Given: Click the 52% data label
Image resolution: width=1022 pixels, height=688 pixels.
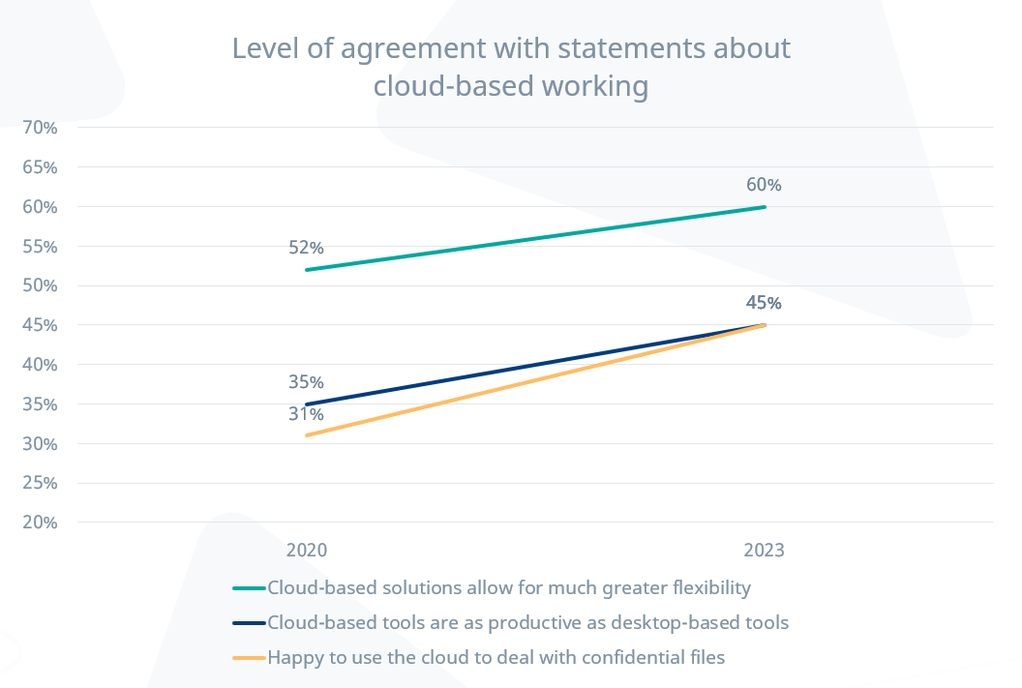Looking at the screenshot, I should [x=306, y=247].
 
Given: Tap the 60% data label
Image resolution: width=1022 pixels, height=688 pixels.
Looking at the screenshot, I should [x=764, y=185].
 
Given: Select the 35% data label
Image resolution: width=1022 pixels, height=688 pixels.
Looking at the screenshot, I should [x=306, y=381].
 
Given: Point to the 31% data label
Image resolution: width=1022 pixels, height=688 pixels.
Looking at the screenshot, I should [x=306, y=414].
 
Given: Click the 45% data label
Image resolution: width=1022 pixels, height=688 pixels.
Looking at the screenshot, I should [x=764, y=303].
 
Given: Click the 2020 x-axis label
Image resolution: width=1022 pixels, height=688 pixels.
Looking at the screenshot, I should [x=306, y=551].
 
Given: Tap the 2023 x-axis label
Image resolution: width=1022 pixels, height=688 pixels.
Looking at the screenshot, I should [x=764, y=551].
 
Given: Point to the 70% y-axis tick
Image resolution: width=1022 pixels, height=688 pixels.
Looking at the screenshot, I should [x=40, y=127].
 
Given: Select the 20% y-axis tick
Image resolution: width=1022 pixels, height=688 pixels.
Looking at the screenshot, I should [x=40, y=523].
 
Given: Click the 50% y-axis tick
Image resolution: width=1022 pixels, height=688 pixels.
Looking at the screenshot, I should [x=40, y=285].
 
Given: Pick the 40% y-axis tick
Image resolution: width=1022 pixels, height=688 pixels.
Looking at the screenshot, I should [x=40, y=365].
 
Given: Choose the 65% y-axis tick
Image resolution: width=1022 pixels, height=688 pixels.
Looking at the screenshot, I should [x=40, y=166].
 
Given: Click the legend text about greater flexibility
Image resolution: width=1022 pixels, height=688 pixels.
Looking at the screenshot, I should [x=509, y=587].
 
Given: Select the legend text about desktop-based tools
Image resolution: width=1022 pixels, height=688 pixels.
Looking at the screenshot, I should [x=527, y=622].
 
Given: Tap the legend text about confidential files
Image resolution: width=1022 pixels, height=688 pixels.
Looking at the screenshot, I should [x=496, y=658].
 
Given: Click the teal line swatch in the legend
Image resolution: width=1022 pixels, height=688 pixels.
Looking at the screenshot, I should [x=249, y=588].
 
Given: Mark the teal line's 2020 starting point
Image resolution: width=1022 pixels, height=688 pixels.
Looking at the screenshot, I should [x=306, y=270].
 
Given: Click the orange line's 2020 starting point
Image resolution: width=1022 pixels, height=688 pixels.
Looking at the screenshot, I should [x=306, y=435].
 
